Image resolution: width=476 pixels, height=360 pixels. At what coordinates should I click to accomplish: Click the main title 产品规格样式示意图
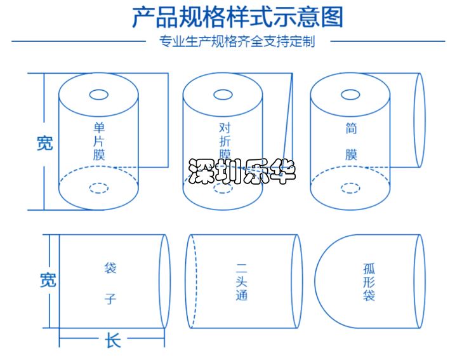[x=238, y=17]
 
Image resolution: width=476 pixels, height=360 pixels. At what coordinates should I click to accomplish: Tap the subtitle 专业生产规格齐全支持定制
[x=237, y=41]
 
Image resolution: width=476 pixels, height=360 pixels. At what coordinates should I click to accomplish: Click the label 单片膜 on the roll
[x=99, y=141]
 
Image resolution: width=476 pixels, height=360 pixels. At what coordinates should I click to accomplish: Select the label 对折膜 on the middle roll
[x=225, y=140]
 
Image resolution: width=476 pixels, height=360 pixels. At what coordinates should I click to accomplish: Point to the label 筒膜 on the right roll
[x=351, y=141]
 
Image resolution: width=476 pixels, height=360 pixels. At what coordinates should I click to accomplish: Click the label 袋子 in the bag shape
[x=110, y=283]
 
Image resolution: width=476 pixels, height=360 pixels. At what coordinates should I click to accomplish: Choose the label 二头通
[x=242, y=282]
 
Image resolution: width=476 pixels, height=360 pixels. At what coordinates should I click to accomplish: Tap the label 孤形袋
[x=369, y=282]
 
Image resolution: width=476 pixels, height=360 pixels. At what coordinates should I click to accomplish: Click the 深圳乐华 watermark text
[x=242, y=171]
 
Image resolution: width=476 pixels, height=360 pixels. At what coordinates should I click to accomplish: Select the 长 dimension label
[x=113, y=340]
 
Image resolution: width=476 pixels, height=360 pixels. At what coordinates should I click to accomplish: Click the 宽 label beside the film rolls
[x=45, y=143]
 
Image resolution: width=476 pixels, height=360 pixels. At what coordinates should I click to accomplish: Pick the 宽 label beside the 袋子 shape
[x=48, y=280]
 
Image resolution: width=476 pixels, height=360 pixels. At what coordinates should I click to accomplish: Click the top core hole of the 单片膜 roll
[x=98, y=95]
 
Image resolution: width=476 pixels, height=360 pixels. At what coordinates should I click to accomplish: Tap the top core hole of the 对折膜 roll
[x=223, y=95]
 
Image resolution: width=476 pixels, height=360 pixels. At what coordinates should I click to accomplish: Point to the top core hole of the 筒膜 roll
[x=350, y=95]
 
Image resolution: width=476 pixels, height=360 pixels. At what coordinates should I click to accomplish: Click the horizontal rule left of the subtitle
[x=79, y=41]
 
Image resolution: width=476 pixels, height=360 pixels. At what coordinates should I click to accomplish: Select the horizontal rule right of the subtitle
[x=388, y=41]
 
